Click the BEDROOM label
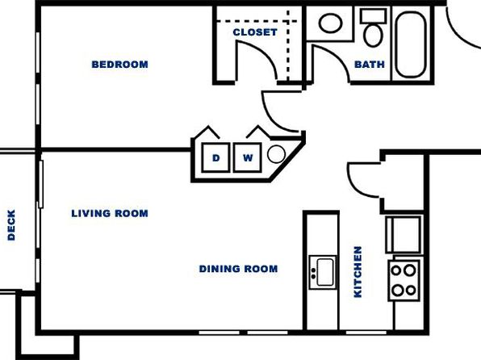[119, 65]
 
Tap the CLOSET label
[255, 32]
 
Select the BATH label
[370, 65]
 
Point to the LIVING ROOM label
[110, 213]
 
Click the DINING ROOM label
[238, 269]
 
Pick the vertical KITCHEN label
[358, 272]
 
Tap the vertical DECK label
[11, 225]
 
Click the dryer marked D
[216, 157]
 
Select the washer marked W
[248, 157]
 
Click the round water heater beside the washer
[276, 153]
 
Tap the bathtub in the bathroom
[411, 44]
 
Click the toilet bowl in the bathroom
[373, 36]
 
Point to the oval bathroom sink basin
[330, 23]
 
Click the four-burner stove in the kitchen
[404, 280]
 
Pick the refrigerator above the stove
[404, 234]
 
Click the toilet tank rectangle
[373, 16]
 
